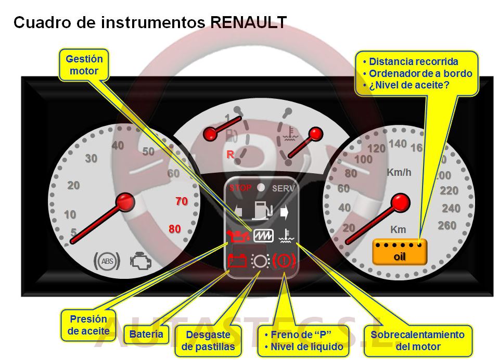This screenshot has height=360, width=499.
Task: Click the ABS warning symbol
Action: [x=107, y=261]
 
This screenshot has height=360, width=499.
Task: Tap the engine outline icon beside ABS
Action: [x=141, y=261]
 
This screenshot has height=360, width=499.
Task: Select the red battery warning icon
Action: [x=237, y=261]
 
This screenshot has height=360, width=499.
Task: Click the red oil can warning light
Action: [x=238, y=236]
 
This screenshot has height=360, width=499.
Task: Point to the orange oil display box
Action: [x=400, y=252]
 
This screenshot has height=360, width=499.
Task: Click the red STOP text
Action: [x=240, y=188]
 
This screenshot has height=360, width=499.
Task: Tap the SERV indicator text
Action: [x=283, y=188]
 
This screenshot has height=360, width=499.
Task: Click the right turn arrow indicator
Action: [x=284, y=212]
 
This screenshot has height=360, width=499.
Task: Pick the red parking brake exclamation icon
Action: [x=284, y=261]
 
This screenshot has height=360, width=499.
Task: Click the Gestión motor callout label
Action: [x=84, y=65]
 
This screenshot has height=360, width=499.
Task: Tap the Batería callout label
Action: [x=146, y=334]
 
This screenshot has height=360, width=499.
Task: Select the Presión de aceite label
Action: [x=88, y=325]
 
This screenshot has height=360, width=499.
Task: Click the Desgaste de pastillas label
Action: [x=208, y=341]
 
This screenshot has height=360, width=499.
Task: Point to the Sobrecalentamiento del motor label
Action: [x=417, y=341]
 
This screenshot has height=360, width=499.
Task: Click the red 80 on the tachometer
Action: [x=175, y=228]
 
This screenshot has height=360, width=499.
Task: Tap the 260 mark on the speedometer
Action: [x=447, y=225]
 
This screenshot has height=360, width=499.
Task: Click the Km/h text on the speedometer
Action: [x=399, y=172]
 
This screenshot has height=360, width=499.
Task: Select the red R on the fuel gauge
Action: [x=230, y=155]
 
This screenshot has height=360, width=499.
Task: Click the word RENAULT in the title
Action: [x=248, y=22]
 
